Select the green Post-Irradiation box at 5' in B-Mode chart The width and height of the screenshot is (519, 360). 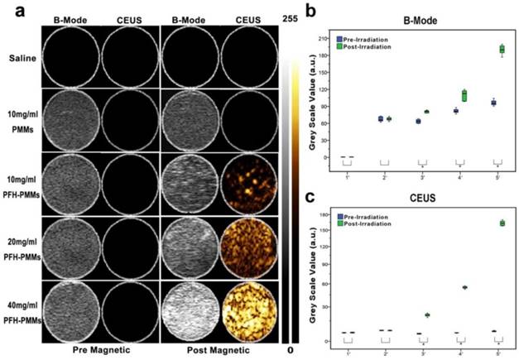tap(501, 50)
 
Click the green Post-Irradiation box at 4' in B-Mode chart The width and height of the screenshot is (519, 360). tap(464, 95)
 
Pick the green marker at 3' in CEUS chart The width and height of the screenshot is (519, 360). tap(427, 314)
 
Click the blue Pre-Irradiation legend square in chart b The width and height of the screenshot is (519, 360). tap(340, 38)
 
